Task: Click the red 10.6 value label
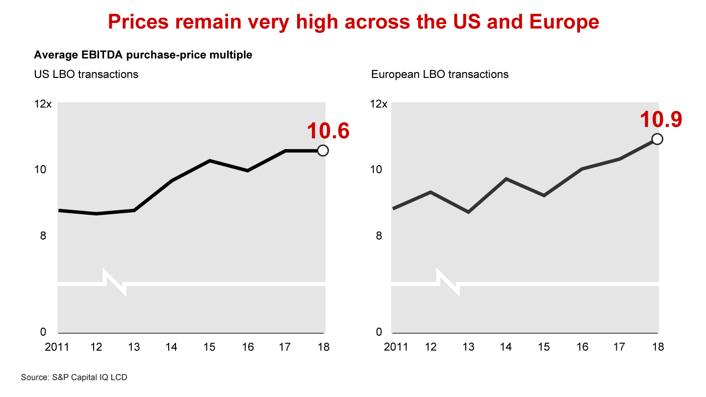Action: click(328, 131)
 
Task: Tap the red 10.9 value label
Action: click(661, 120)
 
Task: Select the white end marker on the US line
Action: click(323, 150)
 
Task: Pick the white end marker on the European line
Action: click(657, 139)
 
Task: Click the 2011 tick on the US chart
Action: click(57, 347)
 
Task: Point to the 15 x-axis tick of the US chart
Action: click(209, 347)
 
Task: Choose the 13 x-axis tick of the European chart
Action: click(469, 347)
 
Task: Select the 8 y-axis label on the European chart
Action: click(378, 236)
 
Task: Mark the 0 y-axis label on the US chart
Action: click(43, 332)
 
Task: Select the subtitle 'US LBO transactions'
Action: click(86, 74)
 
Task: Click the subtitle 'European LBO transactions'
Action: click(440, 74)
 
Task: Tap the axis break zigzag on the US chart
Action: click(115, 283)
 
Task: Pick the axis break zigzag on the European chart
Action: click(449, 283)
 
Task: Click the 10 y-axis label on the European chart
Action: click(376, 170)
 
